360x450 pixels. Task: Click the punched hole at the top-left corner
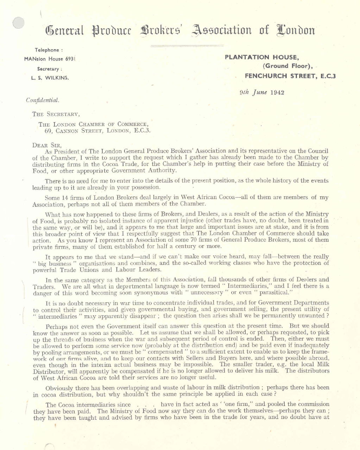(x=18, y=23)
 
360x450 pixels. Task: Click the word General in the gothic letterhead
(x=64, y=31)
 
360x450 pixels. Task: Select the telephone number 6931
(x=69, y=59)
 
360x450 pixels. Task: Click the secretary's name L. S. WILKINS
(x=49, y=78)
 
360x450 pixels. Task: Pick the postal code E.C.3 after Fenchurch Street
(x=326, y=76)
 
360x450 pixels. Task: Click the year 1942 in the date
(x=278, y=93)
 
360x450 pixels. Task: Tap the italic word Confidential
(x=43, y=100)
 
